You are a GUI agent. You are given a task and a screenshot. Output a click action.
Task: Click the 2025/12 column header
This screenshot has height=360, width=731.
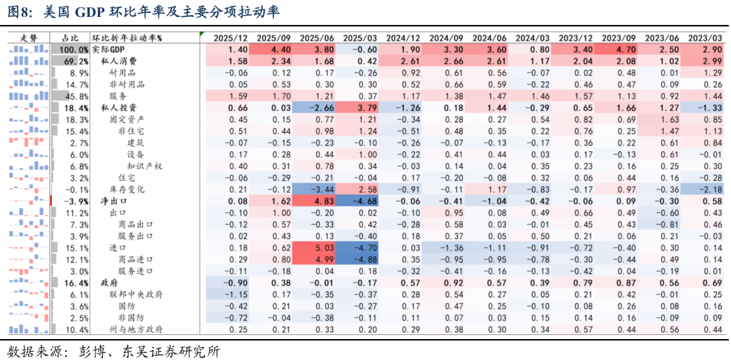point(230,39)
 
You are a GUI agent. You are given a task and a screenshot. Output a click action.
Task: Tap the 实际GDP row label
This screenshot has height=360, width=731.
point(109,50)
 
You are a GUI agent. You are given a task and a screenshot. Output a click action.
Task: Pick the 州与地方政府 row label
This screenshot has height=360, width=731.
point(136,330)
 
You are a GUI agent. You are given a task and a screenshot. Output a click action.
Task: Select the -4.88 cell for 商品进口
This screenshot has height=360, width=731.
point(359,259)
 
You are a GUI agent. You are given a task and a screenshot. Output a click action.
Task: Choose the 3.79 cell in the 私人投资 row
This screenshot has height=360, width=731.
point(359,108)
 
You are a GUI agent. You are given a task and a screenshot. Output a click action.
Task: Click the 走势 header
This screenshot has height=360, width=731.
point(29,39)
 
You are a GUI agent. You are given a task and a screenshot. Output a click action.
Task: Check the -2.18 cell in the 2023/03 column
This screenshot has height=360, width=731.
point(707,189)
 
